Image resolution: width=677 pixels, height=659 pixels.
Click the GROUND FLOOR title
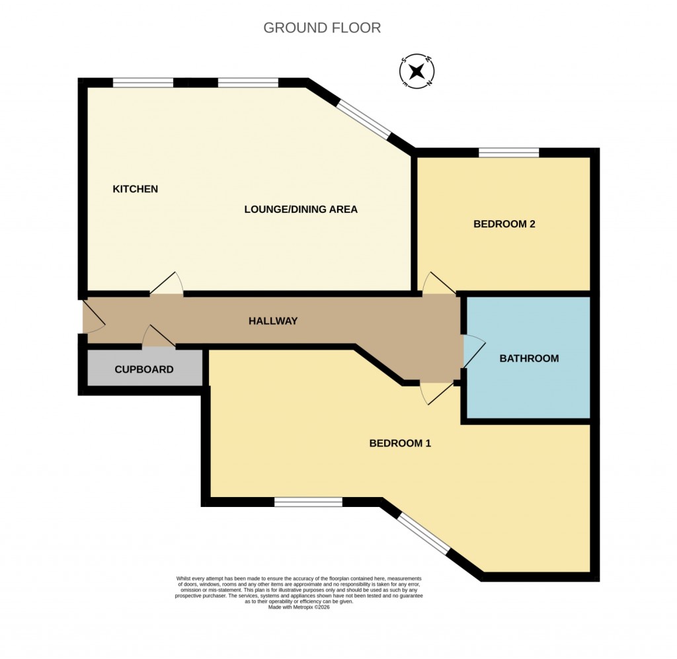click(322, 28)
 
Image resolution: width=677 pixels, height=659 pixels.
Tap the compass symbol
click(417, 71)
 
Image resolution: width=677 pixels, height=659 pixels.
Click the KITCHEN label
click(136, 189)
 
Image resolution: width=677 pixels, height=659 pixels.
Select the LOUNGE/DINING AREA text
click(301, 210)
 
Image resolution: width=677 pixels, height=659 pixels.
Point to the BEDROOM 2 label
click(504, 224)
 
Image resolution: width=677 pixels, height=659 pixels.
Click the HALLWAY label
click(273, 321)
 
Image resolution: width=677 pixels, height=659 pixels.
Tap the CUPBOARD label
click(144, 369)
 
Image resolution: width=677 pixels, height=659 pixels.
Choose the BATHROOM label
click(529, 359)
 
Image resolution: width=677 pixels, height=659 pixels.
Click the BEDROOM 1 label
click(400, 444)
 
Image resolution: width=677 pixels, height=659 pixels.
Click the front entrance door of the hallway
click(91, 319)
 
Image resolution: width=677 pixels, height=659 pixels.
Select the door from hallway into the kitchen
click(167, 284)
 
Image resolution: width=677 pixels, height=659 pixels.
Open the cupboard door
click(159, 337)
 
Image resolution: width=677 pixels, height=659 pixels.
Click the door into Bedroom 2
click(438, 284)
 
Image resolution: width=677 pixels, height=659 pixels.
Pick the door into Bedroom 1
click(436, 393)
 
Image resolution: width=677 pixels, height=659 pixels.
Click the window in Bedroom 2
click(508, 153)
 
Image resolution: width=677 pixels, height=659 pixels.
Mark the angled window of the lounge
click(363, 119)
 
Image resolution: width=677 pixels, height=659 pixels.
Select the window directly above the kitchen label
click(143, 83)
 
